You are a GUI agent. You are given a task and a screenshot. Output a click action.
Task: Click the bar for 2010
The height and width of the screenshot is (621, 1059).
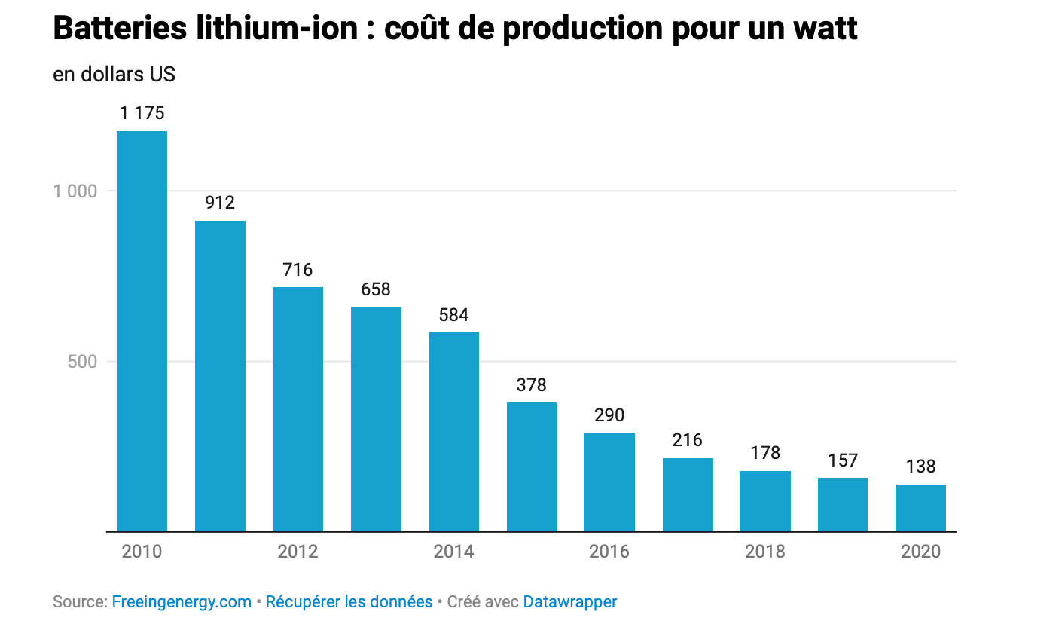pos(142,332)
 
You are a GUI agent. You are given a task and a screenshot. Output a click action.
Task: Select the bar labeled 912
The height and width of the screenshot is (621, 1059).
pos(220,376)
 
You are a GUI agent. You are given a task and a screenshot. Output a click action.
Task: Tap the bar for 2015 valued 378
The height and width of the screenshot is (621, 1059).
pos(532,467)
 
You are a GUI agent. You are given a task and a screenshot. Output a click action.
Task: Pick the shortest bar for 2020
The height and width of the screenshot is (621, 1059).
pos(920,508)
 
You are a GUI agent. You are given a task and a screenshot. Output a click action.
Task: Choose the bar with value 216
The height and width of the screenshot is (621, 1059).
pos(688,494)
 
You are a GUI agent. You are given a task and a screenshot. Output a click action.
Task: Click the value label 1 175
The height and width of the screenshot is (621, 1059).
pos(142,114)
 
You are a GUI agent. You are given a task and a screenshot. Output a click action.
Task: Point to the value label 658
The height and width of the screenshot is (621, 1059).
pos(376,289)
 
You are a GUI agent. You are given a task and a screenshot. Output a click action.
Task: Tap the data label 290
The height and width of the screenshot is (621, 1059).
pos(609,415)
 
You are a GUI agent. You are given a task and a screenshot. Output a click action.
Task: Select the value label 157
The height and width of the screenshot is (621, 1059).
pos(843,460)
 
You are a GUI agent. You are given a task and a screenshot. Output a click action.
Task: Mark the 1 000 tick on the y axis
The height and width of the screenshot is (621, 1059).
pos(75,191)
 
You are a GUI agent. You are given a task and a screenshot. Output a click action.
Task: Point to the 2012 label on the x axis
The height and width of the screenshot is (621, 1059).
pos(298,552)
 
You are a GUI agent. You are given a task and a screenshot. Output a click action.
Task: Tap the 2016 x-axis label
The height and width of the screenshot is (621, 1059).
pos(609,552)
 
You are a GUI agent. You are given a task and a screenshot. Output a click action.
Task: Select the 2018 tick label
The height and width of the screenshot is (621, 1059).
pos(765,552)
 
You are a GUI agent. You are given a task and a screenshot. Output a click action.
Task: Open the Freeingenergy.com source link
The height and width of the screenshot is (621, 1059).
pos(182,602)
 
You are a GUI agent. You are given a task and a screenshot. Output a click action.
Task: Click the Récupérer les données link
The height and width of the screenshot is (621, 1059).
pos(349,602)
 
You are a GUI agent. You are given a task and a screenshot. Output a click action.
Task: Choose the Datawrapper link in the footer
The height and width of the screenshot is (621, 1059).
pos(570,602)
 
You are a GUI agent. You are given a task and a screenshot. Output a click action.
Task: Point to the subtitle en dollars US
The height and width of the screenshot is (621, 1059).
pos(114,75)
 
